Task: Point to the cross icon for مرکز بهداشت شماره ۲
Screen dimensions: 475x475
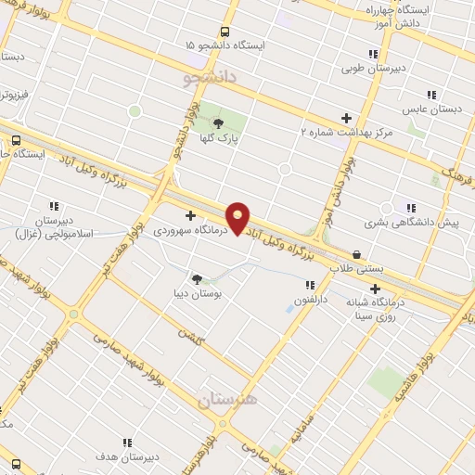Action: tap(347, 118)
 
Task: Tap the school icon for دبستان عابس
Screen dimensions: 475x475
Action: tap(430, 95)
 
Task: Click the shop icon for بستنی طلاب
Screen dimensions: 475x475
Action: tap(357, 253)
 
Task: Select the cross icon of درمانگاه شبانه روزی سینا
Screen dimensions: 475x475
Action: tap(375, 289)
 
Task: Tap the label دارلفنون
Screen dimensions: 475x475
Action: tap(312, 300)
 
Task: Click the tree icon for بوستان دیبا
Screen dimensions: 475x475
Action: tap(197, 277)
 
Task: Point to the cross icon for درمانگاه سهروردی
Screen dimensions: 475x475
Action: tap(190, 215)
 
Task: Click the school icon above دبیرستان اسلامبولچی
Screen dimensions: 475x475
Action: tap(54, 206)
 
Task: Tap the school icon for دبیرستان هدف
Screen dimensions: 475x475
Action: tap(127, 443)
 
